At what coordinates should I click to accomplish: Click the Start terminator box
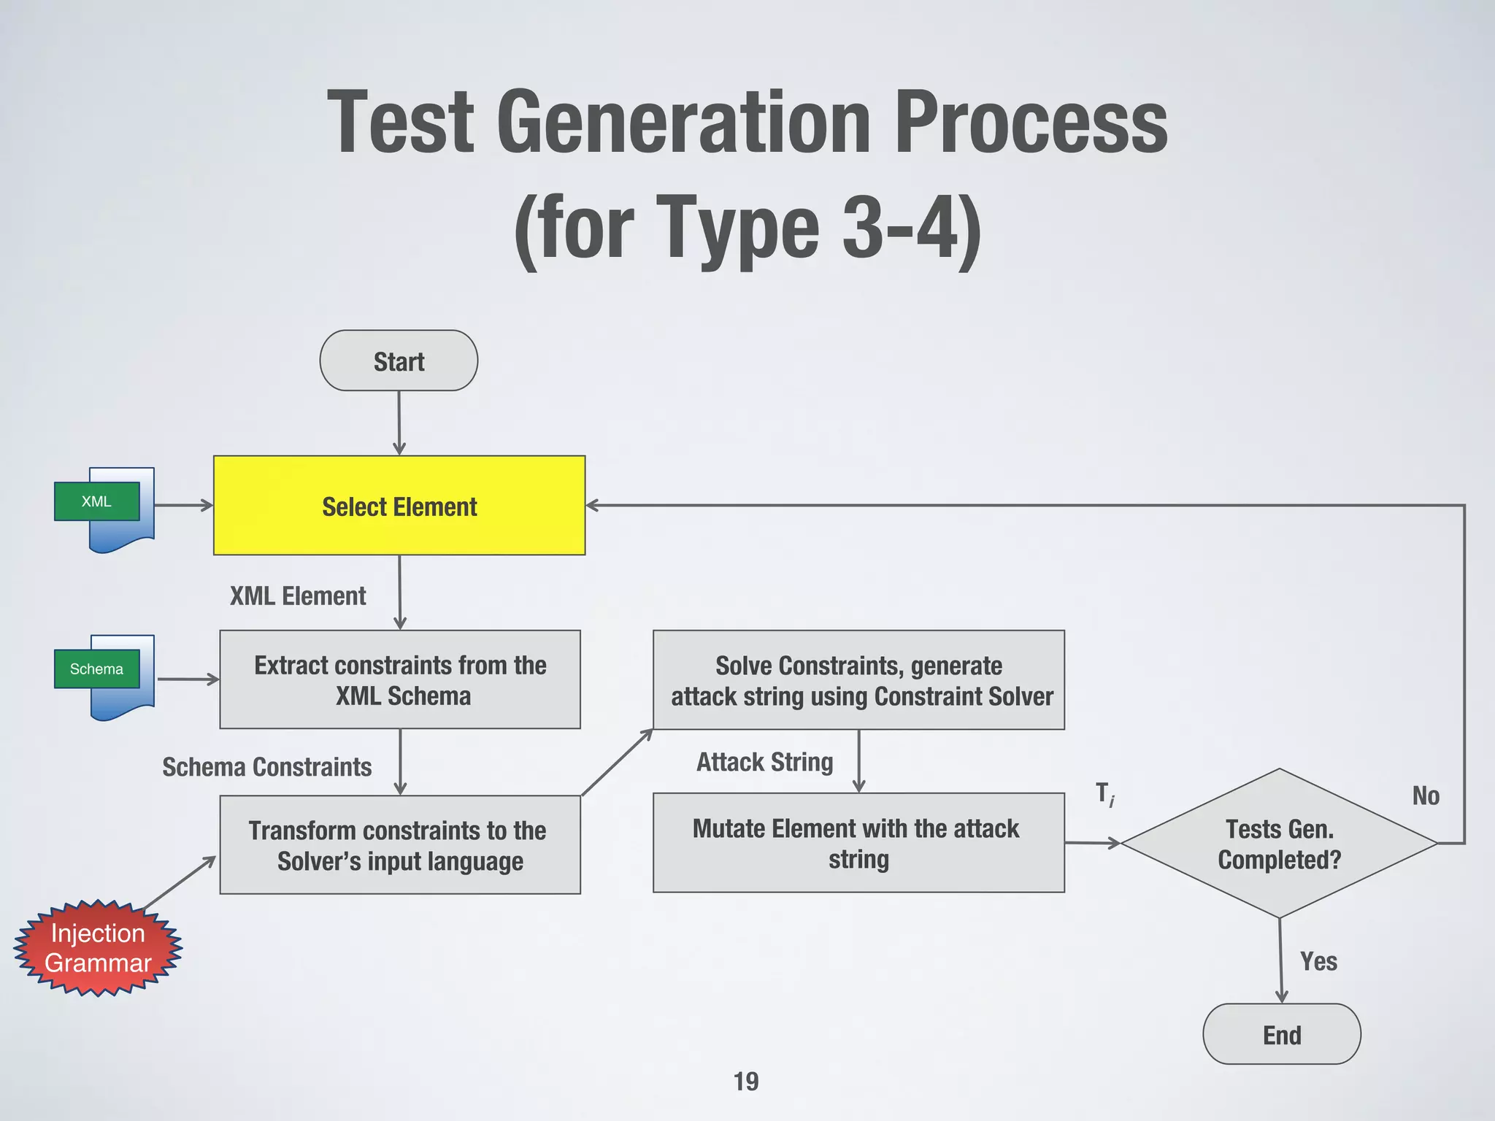[x=399, y=361]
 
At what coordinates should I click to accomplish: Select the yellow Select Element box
[x=399, y=506]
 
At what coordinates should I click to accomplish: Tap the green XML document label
[x=96, y=501]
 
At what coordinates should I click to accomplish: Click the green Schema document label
[x=96, y=669]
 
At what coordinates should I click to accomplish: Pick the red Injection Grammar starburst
[x=98, y=948]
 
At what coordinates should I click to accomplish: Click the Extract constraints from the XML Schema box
[x=400, y=679]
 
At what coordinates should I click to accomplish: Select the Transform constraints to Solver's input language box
[x=400, y=845]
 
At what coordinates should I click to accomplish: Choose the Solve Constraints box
[x=858, y=680]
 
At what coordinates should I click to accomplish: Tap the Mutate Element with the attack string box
[x=858, y=843]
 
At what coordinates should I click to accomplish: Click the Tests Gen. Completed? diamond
[x=1279, y=844]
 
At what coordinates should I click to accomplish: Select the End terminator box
[x=1282, y=1034]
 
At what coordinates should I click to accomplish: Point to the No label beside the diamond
[x=1426, y=796]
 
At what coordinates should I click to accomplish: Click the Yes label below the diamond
[x=1318, y=961]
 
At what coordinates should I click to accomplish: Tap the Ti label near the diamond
[x=1105, y=794]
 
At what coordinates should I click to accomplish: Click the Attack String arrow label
[x=764, y=762]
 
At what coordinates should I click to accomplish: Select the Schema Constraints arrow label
[x=266, y=767]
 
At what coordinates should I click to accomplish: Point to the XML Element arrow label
[x=298, y=596]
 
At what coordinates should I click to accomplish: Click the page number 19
[x=746, y=1081]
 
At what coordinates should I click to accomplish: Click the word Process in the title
[x=1030, y=121]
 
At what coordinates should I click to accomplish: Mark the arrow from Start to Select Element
[x=399, y=423]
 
